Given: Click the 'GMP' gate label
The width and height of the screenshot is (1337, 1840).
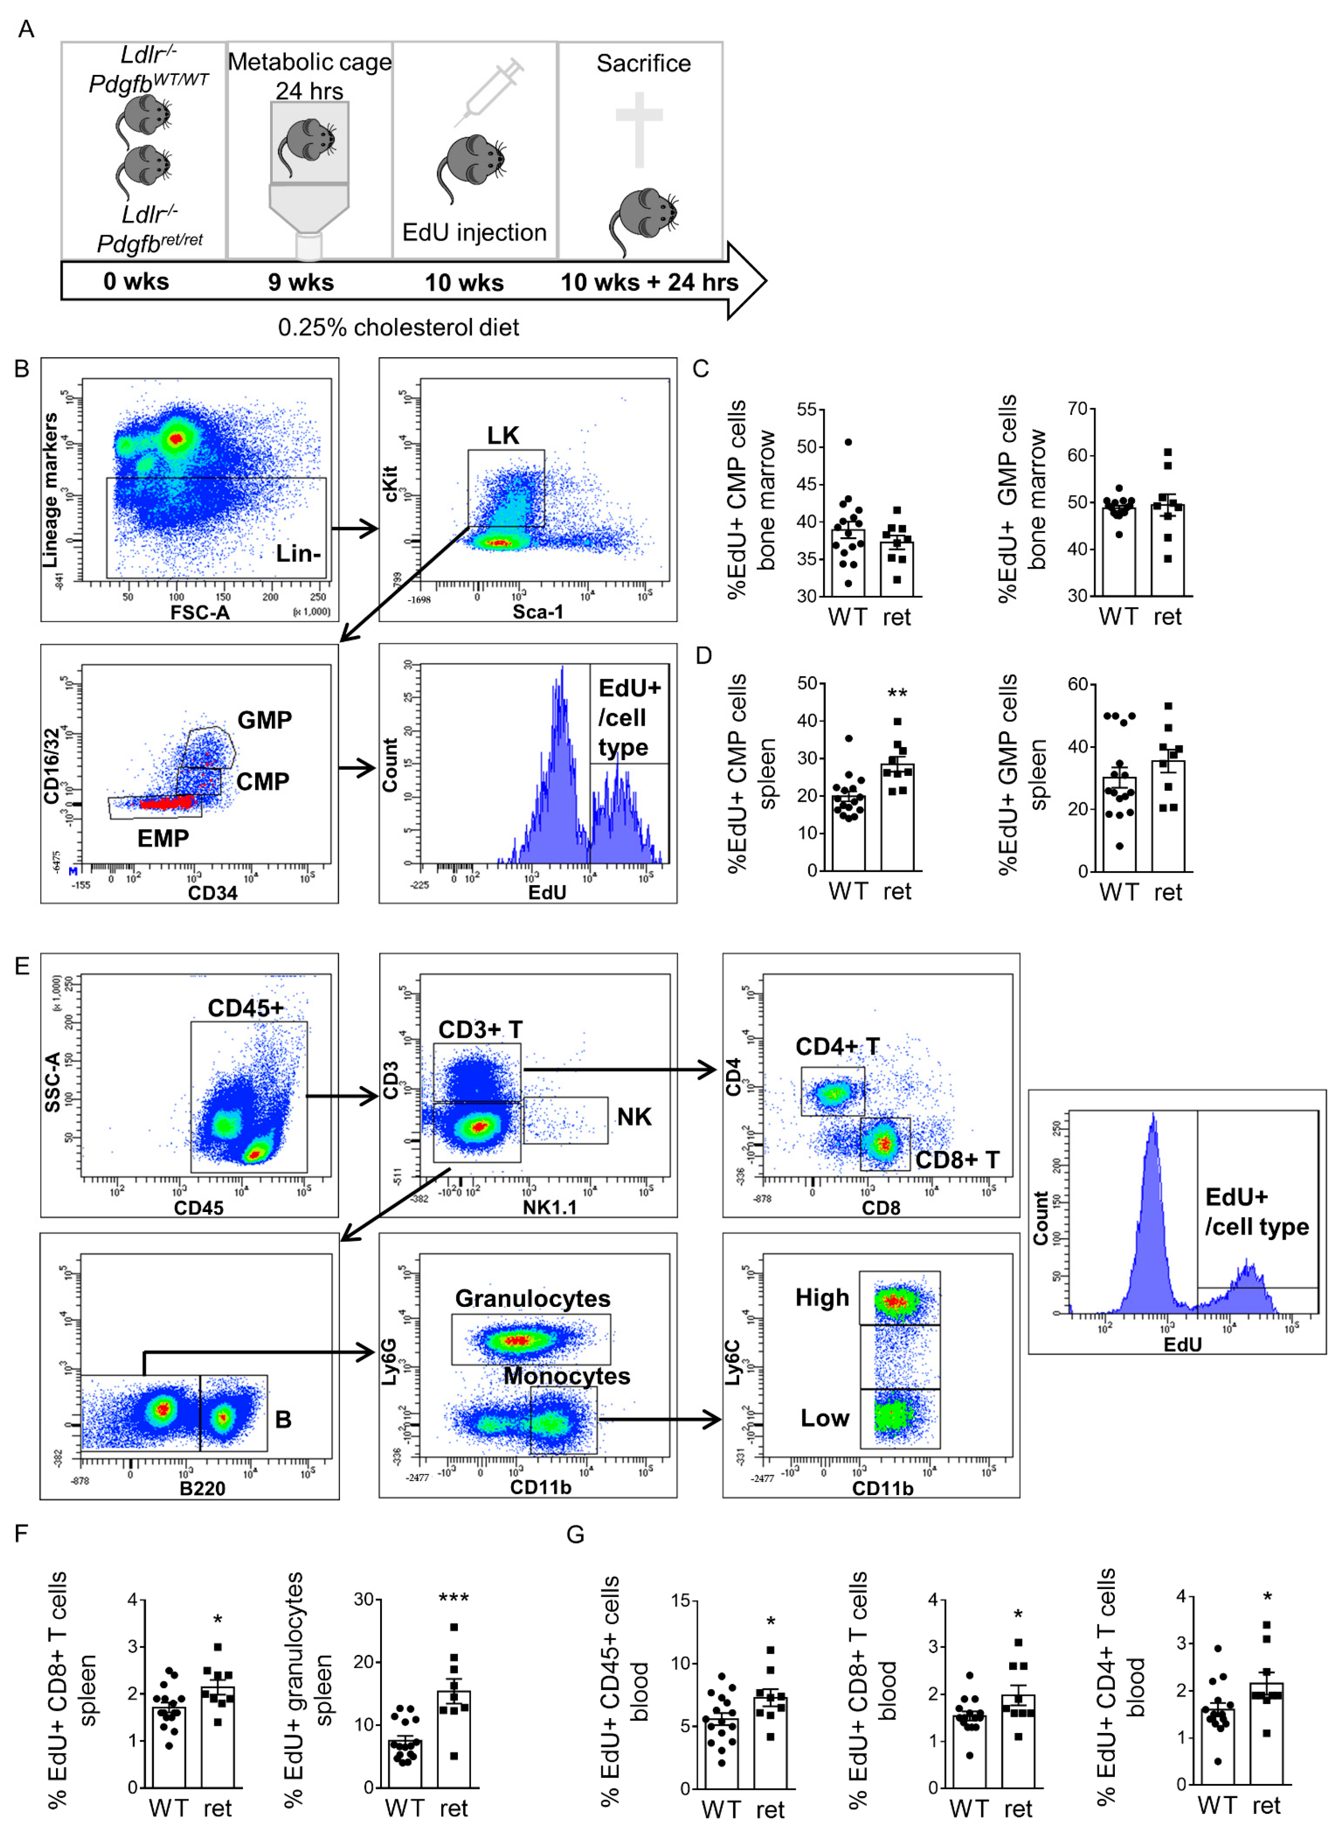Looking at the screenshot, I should tap(265, 720).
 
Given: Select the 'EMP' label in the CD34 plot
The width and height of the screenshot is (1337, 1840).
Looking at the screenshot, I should tap(163, 838).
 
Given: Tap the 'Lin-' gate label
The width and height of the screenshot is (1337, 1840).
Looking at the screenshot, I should tap(298, 553).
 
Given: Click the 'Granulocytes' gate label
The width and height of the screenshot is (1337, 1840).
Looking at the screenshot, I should tap(532, 1298).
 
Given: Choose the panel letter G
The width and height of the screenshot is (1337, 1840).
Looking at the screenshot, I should tap(575, 1534).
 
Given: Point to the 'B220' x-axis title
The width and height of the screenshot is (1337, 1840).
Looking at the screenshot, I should tap(202, 1488).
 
